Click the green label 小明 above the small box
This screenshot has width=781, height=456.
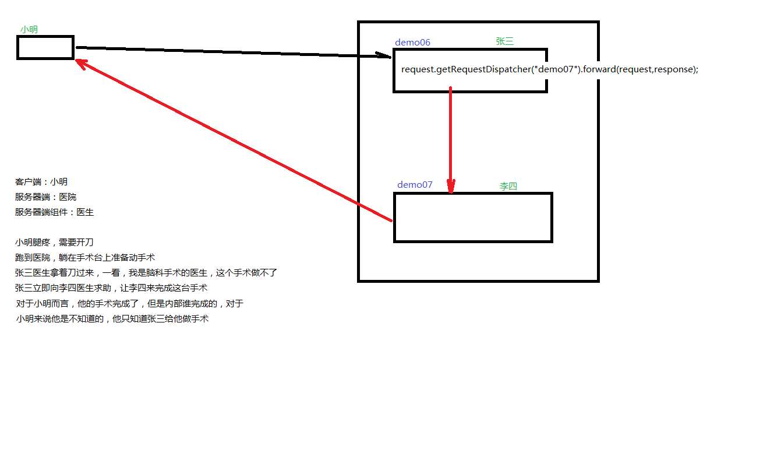point(30,29)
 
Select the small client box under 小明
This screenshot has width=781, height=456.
point(45,47)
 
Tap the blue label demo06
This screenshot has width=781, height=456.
point(412,42)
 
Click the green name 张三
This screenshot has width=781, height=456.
point(504,41)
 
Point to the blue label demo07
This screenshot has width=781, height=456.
point(415,185)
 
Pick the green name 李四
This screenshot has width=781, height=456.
point(508,186)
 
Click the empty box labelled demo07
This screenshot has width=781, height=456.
point(472,217)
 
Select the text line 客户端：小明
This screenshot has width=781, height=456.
point(41,182)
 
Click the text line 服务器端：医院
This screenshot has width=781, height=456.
point(45,197)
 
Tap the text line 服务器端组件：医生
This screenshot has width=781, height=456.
point(54,212)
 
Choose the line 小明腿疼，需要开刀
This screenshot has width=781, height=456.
point(54,243)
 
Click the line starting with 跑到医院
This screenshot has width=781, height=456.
point(85,258)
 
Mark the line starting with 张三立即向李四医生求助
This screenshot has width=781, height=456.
point(111,288)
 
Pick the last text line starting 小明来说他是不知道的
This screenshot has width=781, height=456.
point(112,319)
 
